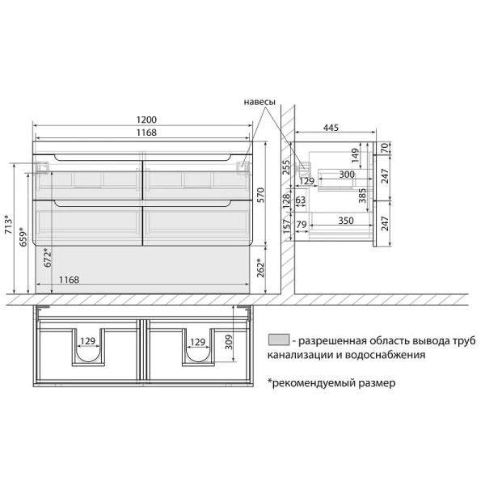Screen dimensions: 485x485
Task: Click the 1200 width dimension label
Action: point(146,120)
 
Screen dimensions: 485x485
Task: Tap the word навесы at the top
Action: point(259,102)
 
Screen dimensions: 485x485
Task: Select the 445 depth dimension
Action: point(331,128)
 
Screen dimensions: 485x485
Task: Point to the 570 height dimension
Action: point(261,195)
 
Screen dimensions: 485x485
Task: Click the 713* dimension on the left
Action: point(9,224)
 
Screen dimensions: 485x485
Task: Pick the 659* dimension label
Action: point(23,237)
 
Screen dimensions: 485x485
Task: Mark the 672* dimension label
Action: point(48,258)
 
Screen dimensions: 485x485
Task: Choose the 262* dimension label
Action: point(261,268)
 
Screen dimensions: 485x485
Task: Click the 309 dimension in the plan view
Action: point(229,342)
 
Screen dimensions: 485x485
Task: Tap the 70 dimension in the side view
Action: point(385,148)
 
